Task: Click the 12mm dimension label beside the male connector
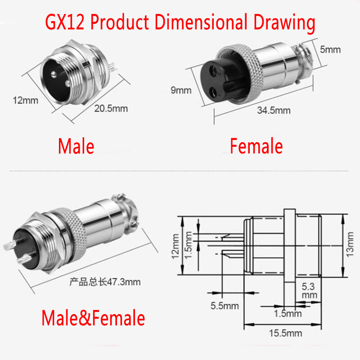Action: (x=25, y=100)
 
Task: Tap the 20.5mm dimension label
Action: (x=111, y=108)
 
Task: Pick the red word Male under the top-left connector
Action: (x=76, y=146)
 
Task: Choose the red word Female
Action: (x=256, y=146)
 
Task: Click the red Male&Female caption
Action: (x=93, y=318)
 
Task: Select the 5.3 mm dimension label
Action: (x=310, y=290)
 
